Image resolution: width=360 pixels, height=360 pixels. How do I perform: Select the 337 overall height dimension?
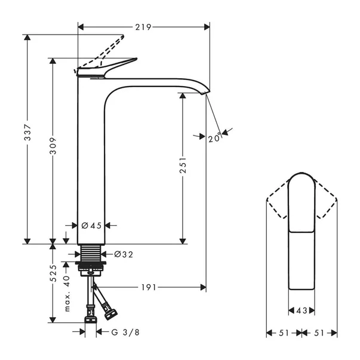[27, 139]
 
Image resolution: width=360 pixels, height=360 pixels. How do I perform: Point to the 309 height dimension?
[53, 151]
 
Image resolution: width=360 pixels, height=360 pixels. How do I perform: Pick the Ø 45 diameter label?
[92, 225]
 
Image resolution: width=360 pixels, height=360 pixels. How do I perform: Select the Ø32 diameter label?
[123, 254]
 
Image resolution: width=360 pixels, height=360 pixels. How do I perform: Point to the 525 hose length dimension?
[53, 274]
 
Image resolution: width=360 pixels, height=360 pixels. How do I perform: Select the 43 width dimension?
[301, 310]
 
